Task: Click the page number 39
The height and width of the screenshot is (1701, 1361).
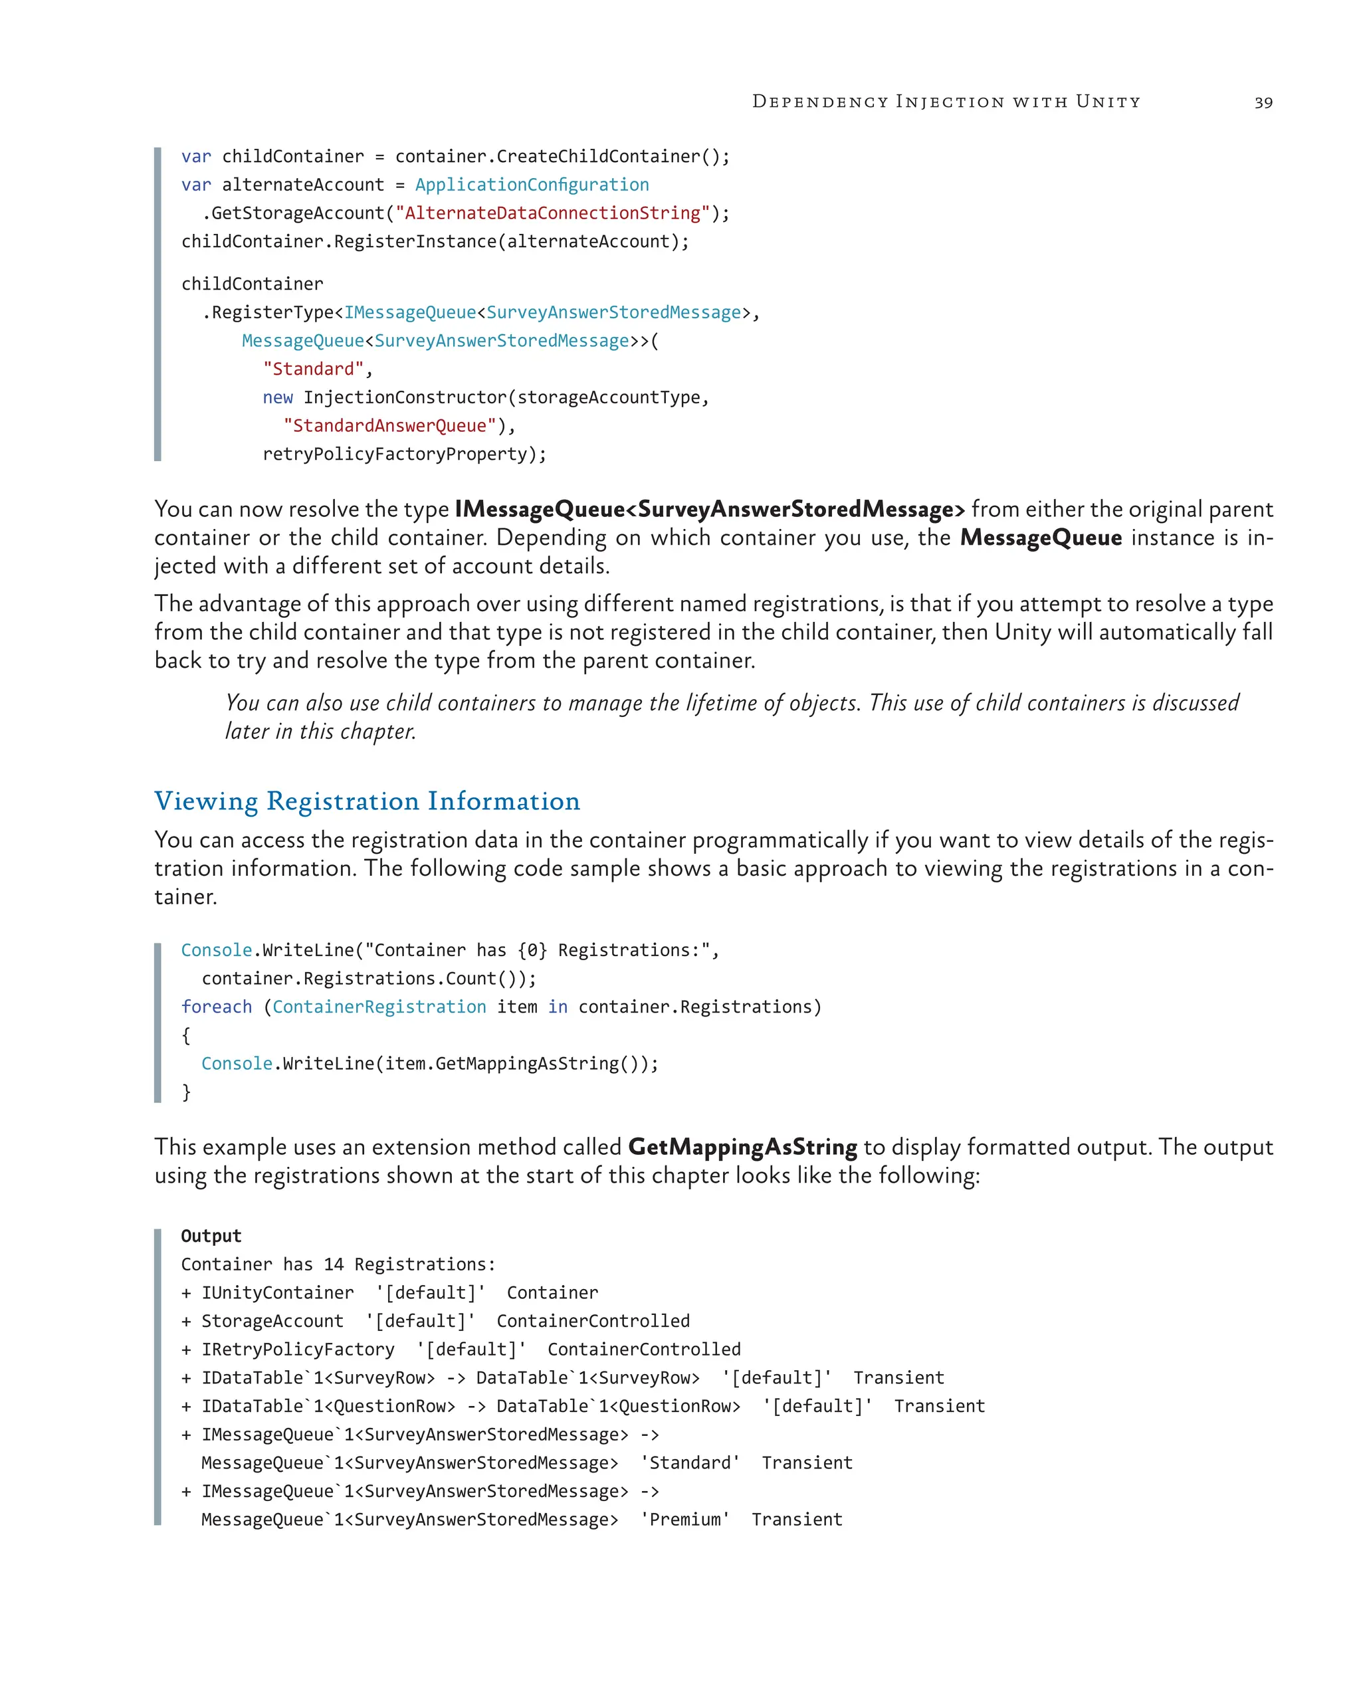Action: coord(1263,102)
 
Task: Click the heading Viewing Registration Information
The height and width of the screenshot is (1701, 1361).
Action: coord(367,801)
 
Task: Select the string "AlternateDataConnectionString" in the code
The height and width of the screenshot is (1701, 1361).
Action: coord(552,213)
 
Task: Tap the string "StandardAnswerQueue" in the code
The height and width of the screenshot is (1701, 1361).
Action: coord(389,426)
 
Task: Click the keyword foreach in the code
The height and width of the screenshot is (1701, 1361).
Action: coord(216,1007)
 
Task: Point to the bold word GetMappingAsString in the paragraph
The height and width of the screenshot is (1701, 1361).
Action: coord(742,1146)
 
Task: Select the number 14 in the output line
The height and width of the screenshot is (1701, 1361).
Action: coord(334,1264)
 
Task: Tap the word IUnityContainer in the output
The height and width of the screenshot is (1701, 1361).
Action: coord(277,1293)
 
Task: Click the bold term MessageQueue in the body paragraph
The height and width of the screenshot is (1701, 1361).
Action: coord(1040,538)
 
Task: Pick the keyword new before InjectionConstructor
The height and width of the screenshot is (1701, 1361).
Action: coord(277,397)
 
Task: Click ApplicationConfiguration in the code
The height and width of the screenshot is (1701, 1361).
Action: coord(532,185)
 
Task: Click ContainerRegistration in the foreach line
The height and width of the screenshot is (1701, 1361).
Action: coord(379,1007)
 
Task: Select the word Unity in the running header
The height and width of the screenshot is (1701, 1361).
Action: coord(1108,102)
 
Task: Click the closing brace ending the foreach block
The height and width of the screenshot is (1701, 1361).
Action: coord(186,1092)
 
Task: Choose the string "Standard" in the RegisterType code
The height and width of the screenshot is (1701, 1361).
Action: coord(313,369)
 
